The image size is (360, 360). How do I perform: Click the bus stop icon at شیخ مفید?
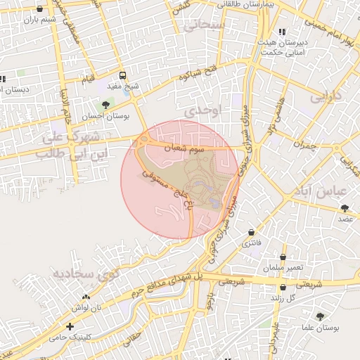pos(123,75)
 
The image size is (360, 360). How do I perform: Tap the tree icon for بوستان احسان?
pos(105,105)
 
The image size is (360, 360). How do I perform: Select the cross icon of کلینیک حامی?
pos(70,326)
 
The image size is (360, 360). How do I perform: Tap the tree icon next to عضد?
pos(345,208)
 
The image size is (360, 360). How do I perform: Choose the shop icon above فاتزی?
pos(251,231)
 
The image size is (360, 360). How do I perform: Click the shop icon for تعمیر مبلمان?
pos(283,257)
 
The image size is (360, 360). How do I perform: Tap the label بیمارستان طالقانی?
pos(247,4)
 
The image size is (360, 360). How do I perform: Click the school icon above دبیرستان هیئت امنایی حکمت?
pos(282,32)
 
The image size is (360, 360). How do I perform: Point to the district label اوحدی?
pos(206,111)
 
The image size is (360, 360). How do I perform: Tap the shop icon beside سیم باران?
pos(38,9)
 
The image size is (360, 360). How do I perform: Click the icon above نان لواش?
pos(86,297)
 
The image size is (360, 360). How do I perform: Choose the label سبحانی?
pos(205,25)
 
